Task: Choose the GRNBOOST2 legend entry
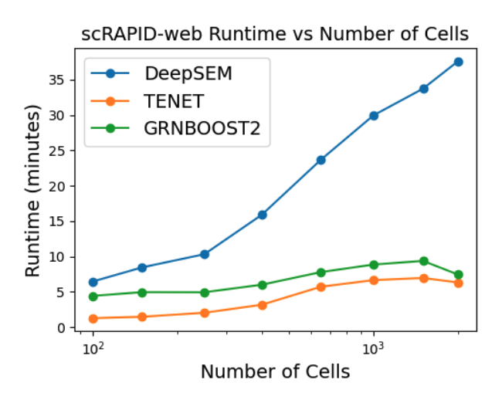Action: (x=202, y=129)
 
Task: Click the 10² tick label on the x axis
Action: (x=93, y=349)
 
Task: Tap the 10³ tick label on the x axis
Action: (x=374, y=349)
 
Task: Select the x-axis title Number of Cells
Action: (x=275, y=372)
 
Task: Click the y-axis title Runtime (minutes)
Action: (x=32, y=193)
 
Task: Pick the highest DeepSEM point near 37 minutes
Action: (x=458, y=62)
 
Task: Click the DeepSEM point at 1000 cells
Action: (x=374, y=115)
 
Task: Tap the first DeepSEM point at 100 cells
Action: (x=93, y=282)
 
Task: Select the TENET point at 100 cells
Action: (x=93, y=318)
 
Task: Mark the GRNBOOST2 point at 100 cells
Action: (x=93, y=296)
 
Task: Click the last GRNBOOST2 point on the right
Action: (x=458, y=274)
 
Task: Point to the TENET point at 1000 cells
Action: (x=374, y=280)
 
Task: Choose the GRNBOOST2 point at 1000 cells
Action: (x=374, y=265)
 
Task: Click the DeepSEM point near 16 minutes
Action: (x=262, y=215)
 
